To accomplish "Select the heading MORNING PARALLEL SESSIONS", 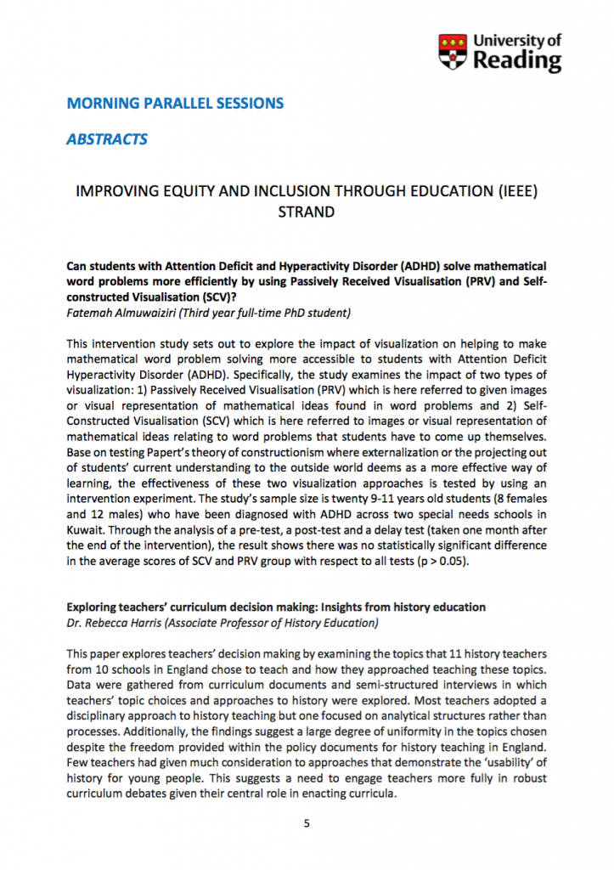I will [x=175, y=104].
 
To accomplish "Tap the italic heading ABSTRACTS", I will [x=107, y=139].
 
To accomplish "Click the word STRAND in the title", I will [x=307, y=211].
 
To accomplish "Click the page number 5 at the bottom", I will [x=307, y=823].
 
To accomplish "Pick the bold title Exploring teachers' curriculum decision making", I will [x=276, y=607].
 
